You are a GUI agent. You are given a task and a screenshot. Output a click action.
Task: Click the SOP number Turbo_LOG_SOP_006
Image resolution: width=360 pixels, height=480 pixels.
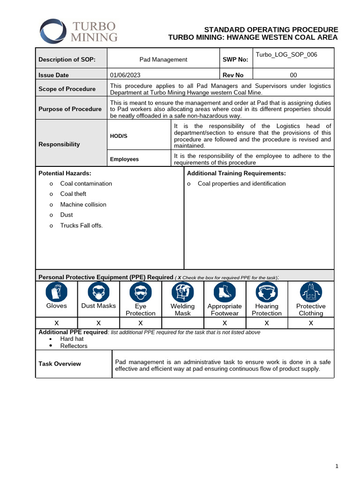coord(286,55)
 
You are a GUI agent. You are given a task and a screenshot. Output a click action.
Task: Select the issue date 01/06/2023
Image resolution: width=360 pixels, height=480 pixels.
coord(125,75)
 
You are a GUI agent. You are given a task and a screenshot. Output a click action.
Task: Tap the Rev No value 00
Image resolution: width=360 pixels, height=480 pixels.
coord(293,75)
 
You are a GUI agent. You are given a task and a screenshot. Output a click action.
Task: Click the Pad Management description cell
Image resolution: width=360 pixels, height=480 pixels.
coord(163,60)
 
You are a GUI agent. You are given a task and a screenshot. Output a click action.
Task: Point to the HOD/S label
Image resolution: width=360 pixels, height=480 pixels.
coord(119,136)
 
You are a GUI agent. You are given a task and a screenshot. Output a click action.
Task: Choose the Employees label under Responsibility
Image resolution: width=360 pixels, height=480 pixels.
coord(124,159)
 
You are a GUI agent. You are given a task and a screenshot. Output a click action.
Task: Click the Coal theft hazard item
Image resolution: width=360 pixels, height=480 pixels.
coord(73,194)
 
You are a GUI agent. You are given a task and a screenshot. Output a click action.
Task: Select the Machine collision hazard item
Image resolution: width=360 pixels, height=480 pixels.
coord(83,204)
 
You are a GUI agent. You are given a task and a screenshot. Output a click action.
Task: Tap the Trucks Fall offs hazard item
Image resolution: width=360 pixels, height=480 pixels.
coord(81,225)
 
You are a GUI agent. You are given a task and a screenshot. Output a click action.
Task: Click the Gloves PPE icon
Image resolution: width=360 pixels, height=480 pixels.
coord(56,292)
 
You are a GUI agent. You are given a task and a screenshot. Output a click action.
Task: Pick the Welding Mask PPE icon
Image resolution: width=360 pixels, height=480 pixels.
coord(182,292)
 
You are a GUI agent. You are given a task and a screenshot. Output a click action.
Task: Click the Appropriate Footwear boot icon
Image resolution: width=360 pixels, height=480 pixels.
coord(225,292)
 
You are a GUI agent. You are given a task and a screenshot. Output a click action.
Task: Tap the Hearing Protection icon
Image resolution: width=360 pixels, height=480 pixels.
coord(267,292)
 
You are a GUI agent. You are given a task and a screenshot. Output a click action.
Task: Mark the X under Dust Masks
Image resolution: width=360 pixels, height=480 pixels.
coord(98,323)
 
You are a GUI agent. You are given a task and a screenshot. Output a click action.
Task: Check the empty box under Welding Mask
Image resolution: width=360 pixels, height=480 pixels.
coord(182,323)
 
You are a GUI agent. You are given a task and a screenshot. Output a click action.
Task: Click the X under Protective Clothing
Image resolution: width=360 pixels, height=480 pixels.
coord(311,323)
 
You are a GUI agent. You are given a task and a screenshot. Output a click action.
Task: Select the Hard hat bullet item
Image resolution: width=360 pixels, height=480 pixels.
coord(72,338)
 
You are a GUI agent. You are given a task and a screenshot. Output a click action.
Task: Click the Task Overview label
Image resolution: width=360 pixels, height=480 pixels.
coord(60,364)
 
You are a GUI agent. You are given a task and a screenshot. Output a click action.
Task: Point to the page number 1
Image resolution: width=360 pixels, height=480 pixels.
coord(337,466)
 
